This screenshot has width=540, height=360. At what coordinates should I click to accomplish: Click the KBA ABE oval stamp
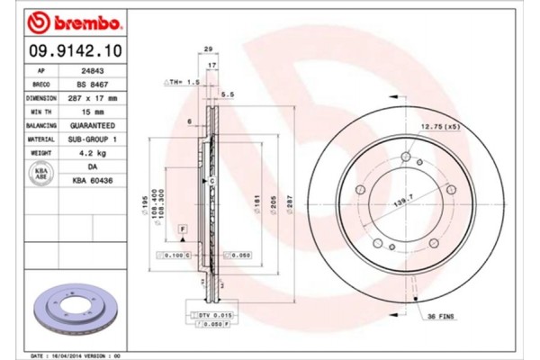41,174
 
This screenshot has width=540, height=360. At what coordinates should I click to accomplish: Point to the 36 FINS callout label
441,317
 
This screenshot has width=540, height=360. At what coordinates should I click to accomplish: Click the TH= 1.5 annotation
182,81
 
